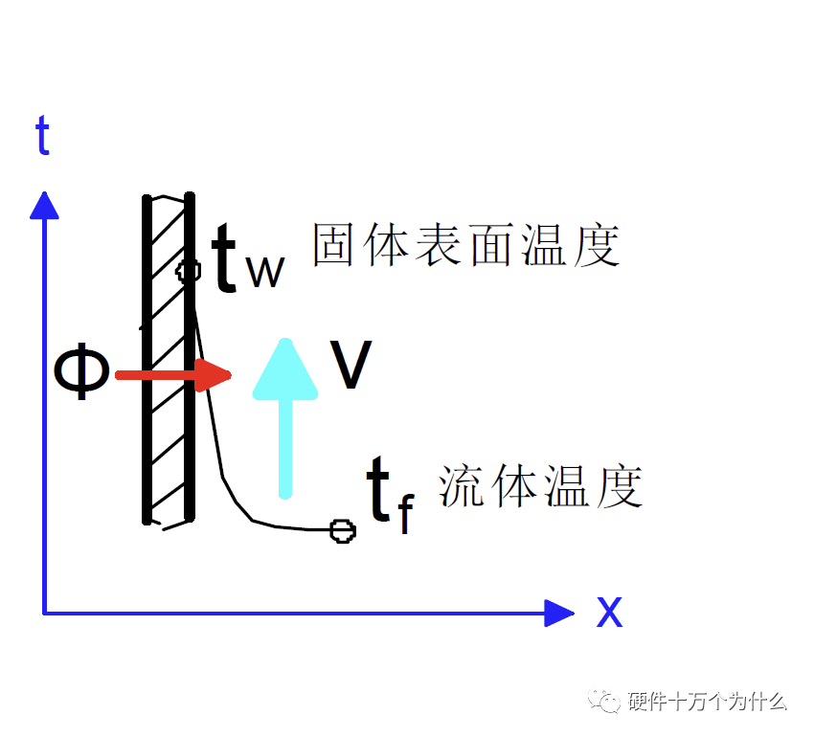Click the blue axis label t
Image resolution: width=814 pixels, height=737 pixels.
click(42, 137)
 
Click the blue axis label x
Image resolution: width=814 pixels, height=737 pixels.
click(609, 611)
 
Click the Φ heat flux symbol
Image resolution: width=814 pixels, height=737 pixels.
click(81, 373)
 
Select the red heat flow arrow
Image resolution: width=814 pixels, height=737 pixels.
click(172, 375)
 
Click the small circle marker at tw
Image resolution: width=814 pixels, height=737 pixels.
click(189, 270)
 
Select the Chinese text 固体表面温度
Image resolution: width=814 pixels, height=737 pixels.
click(466, 246)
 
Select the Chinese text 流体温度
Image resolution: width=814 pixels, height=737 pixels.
click(540, 485)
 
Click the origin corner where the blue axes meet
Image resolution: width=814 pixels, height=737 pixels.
click(44, 613)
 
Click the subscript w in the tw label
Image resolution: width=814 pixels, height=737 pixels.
click(265, 273)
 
